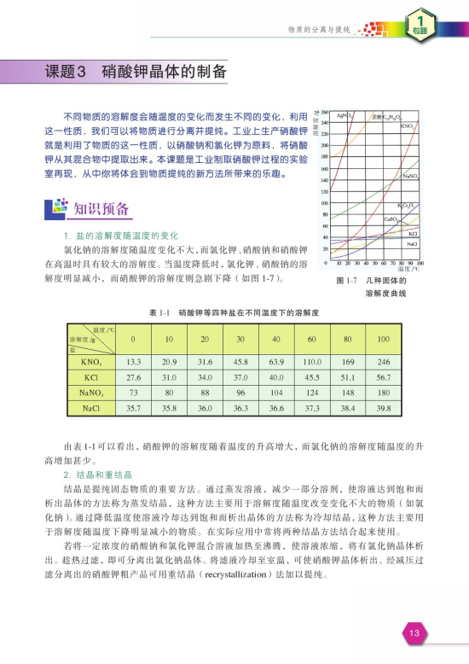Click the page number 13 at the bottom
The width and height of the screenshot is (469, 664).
[x=415, y=633]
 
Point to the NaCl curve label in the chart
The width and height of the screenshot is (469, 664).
[x=411, y=244]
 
